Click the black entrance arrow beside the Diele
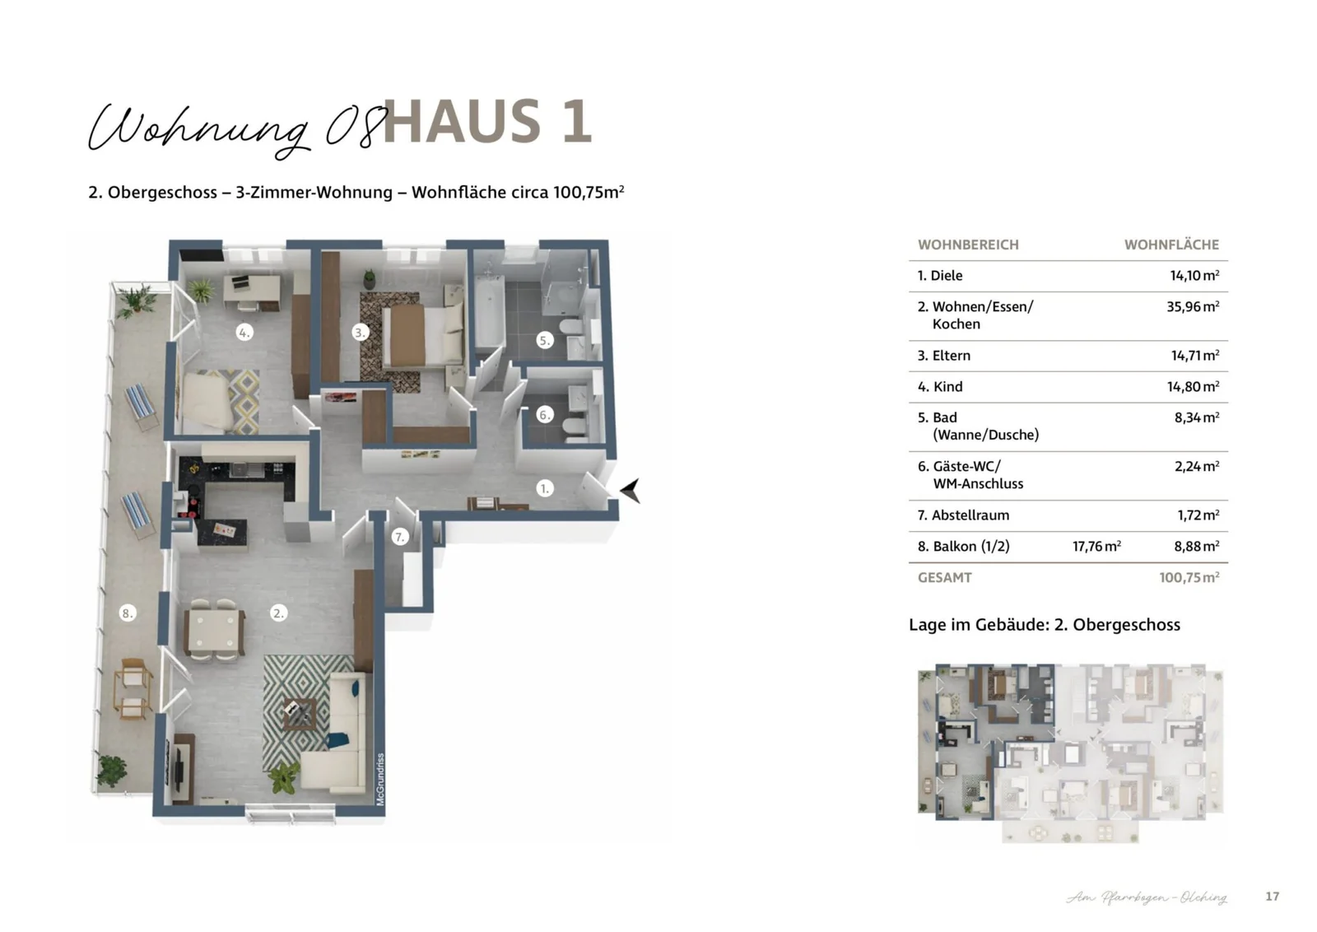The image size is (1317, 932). point(631,491)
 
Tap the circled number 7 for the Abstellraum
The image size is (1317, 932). point(400,537)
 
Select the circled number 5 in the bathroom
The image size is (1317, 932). point(544,339)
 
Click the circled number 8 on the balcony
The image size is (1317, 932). point(127,613)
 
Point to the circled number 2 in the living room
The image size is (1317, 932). point(278,613)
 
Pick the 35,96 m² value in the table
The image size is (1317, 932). point(1192,306)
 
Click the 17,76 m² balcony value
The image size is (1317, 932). point(1096,546)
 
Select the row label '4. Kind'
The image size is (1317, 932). point(940,386)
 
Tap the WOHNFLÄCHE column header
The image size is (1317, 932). point(1171,245)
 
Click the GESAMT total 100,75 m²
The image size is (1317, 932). point(1189,577)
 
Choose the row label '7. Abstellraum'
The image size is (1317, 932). point(963,515)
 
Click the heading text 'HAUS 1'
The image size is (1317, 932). point(487,122)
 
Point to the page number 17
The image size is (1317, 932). point(1273,896)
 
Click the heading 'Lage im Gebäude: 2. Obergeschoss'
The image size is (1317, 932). point(1044,624)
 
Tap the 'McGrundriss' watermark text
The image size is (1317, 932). point(380,779)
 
